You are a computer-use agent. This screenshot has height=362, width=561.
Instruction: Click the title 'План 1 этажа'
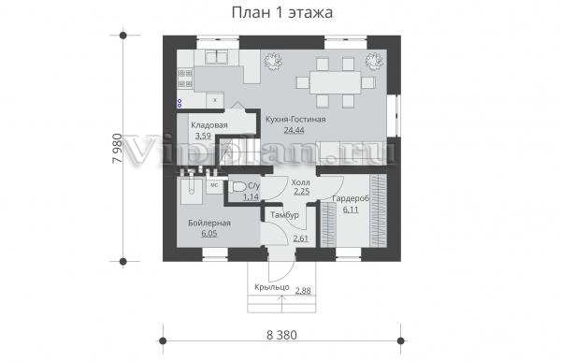pyautogui.click(x=282, y=12)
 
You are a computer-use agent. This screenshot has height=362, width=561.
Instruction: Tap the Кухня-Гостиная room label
pyautogui.click(x=295, y=119)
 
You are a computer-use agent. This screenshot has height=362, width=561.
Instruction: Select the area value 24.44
pyautogui.click(x=294, y=130)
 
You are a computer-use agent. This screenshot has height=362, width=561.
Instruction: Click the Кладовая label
pyautogui.click(x=209, y=125)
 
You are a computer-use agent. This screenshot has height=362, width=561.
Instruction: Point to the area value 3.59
pyautogui.click(x=203, y=136)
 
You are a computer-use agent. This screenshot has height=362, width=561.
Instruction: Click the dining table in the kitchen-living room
pyautogui.click(x=335, y=82)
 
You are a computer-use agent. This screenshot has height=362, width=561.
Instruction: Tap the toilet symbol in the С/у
pyautogui.click(x=237, y=187)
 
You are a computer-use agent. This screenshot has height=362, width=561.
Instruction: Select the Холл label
pyautogui.click(x=300, y=181)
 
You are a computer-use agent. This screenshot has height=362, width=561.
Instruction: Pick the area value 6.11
pyautogui.click(x=351, y=210)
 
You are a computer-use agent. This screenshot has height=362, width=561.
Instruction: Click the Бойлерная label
pyautogui.click(x=209, y=223)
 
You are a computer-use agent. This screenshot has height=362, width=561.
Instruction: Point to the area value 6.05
pyautogui.click(x=209, y=234)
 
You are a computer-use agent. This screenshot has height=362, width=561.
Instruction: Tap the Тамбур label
pyautogui.click(x=285, y=215)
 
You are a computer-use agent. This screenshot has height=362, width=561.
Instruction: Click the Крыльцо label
pyautogui.click(x=272, y=287)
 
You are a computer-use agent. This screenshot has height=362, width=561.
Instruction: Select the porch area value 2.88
pyautogui.click(x=303, y=291)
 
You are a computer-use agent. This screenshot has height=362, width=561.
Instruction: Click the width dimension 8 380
pyautogui.click(x=281, y=335)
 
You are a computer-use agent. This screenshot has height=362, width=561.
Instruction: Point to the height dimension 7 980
pyautogui.click(x=117, y=149)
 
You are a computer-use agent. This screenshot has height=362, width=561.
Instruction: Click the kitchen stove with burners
pyautogui.click(x=185, y=79)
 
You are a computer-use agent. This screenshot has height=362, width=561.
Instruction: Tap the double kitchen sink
pyautogui.click(x=217, y=57)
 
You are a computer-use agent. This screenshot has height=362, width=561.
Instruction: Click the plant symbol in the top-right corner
pyautogui.click(x=375, y=61)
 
